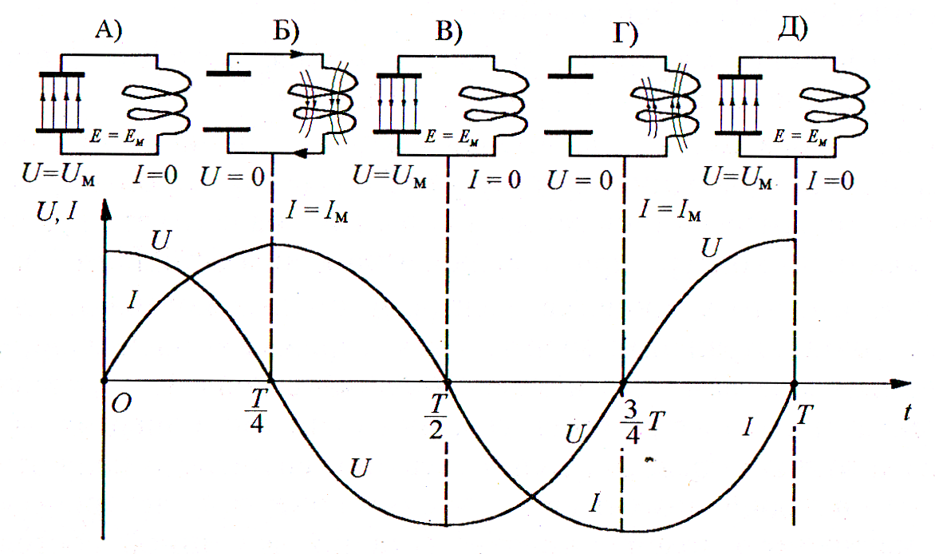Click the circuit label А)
(108, 29)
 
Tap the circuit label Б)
(286, 30)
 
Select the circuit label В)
(449, 31)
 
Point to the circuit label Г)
(625, 34)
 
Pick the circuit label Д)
(793, 29)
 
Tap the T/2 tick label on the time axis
(436, 416)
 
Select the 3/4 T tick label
(643, 422)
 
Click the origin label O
(121, 404)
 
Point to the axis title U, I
(57, 212)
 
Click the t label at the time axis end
(907, 411)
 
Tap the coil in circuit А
(157, 101)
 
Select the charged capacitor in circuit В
(398, 104)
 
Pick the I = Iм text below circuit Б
(317, 211)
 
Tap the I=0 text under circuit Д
(830, 180)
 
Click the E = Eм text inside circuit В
(452, 137)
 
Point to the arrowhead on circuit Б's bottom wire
(301, 153)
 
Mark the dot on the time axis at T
(794, 382)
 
